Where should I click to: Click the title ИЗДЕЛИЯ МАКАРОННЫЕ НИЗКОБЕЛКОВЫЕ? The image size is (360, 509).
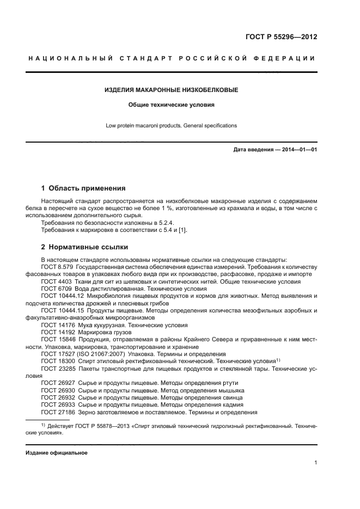point(171,89)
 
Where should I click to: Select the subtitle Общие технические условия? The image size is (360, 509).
point(171,105)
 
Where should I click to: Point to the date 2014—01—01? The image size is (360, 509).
point(298,149)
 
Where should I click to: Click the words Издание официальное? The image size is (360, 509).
point(56,453)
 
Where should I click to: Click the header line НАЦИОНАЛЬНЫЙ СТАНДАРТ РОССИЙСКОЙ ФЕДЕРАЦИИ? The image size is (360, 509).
point(171,58)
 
